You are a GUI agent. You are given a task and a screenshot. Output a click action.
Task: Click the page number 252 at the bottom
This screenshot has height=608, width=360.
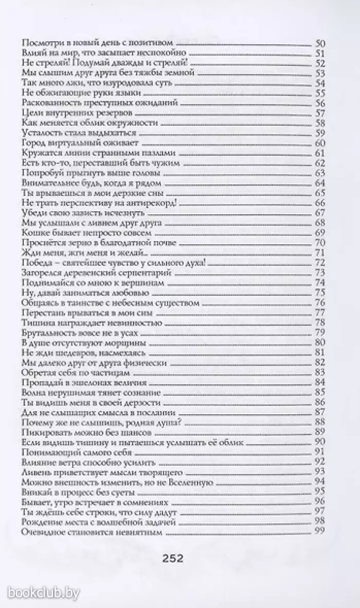coord(172,559)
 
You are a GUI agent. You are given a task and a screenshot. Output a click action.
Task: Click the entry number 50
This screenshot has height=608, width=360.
coord(320,44)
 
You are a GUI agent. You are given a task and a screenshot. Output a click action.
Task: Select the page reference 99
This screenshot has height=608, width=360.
coord(320,532)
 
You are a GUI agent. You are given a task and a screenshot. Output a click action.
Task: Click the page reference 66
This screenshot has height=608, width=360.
coord(320,203)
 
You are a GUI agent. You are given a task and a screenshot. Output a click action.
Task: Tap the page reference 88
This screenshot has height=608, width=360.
coord(320,422)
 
